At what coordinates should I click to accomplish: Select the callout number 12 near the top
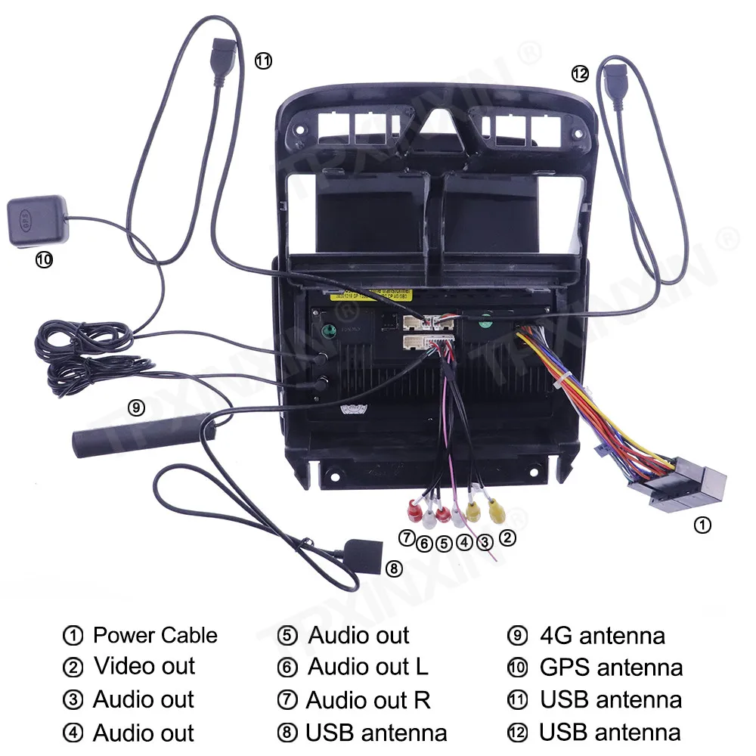[x=580, y=73]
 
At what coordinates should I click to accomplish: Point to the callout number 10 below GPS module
[x=44, y=260]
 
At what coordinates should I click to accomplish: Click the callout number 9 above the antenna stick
[x=136, y=407]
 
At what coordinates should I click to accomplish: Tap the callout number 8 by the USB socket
[x=393, y=569]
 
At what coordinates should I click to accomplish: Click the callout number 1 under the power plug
[x=702, y=525]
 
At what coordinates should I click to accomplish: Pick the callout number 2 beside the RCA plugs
[x=508, y=538]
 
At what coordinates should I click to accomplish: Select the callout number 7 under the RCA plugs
[x=407, y=538]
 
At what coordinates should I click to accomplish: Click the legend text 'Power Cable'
[x=155, y=635]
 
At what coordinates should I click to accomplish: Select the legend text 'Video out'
[x=144, y=667]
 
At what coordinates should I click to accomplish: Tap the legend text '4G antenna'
[x=603, y=635]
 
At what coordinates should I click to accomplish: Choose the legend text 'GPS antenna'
[x=611, y=668]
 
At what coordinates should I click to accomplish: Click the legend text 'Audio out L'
[x=367, y=667]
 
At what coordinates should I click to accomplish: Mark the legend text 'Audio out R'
[x=368, y=700]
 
